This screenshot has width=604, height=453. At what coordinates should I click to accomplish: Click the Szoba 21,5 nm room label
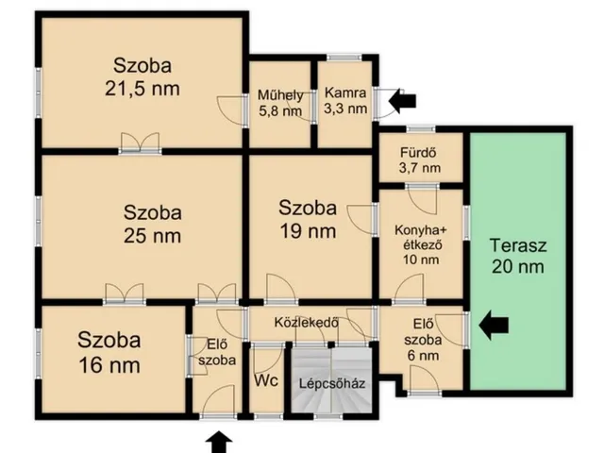[x=143, y=77]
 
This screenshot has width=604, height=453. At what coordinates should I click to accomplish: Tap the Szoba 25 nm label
[x=153, y=225]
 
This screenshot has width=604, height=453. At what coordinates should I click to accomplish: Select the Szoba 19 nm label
[x=308, y=220]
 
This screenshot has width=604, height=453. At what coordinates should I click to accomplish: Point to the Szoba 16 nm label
[x=109, y=352]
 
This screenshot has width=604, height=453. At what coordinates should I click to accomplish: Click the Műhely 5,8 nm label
[x=280, y=103]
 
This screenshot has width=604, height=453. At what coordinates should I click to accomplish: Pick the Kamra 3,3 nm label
[x=345, y=101]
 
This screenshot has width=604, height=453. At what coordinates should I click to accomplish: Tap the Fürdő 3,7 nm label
[x=419, y=160]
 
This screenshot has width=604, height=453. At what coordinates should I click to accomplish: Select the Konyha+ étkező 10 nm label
[x=421, y=245]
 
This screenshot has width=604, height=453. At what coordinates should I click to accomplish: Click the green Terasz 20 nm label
[x=518, y=256]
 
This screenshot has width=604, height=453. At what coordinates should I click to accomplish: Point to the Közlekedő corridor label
[x=307, y=323]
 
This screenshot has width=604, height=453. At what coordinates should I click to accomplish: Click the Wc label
[x=266, y=380]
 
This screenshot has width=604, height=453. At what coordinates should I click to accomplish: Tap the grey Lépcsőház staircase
[x=331, y=380]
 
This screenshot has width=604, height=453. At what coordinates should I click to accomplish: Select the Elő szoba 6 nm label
[x=423, y=340]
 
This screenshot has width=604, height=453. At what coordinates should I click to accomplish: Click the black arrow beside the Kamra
[x=403, y=101]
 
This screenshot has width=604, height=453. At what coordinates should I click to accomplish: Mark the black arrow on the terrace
[x=494, y=326]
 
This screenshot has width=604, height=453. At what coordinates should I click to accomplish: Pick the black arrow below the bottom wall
[x=219, y=443]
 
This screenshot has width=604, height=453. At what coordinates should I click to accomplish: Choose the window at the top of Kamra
[x=344, y=58]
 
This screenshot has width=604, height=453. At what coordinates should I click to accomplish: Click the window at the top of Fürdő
[x=421, y=129]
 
